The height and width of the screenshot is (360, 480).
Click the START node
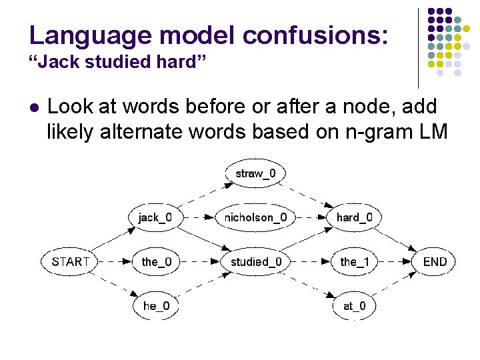pyautogui.click(x=69, y=262)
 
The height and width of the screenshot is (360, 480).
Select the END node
pyautogui.click(x=435, y=262)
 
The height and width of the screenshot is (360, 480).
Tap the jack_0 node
pyautogui.click(x=155, y=217)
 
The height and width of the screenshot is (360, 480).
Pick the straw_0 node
pyautogui.click(x=256, y=174)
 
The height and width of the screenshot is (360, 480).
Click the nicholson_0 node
pyautogui.click(x=256, y=217)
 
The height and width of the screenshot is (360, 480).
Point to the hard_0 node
pyautogui.click(x=354, y=217)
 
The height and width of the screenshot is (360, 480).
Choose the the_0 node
pyautogui.click(x=156, y=262)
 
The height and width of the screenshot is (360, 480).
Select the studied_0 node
pyautogui.click(x=256, y=262)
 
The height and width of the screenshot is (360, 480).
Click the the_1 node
pyautogui.click(x=354, y=262)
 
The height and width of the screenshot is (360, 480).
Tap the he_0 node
pyautogui.click(x=156, y=306)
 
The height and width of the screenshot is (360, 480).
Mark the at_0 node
pyautogui.click(x=354, y=306)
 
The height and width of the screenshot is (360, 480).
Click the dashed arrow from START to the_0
pyautogui.click(x=114, y=262)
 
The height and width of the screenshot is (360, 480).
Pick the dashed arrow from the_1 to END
pyautogui.click(x=394, y=262)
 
